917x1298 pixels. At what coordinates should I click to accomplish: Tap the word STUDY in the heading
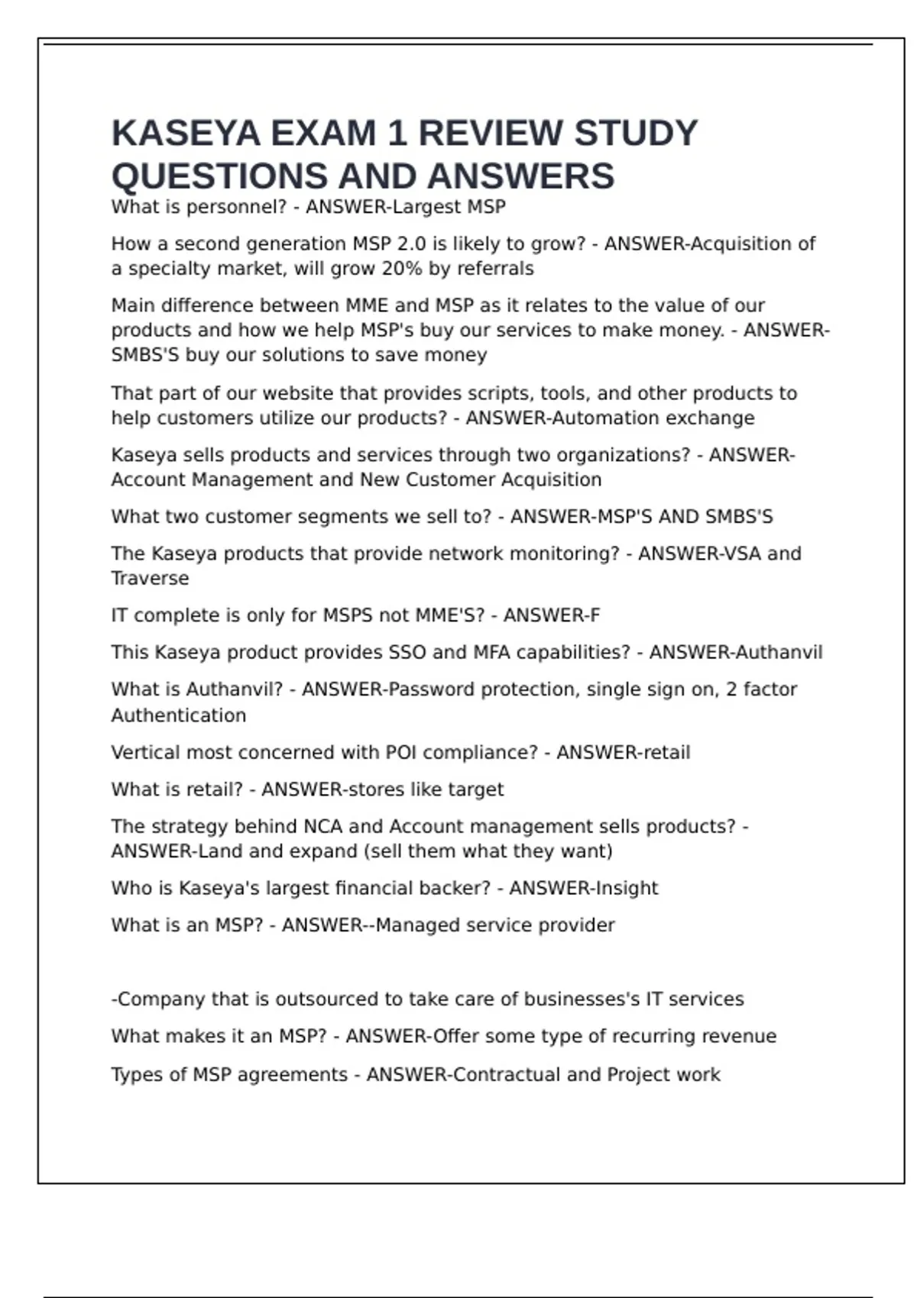pyautogui.click(x=635, y=134)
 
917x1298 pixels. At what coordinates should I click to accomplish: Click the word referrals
pyautogui.click(x=495, y=269)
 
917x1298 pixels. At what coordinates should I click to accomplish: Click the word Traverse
pyautogui.click(x=150, y=579)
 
